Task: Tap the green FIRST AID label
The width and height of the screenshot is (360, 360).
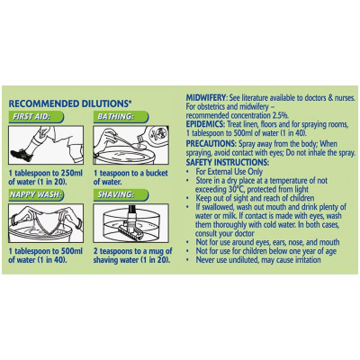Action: click(x=36, y=117)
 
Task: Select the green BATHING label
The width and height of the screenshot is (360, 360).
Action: click(x=121, y=117)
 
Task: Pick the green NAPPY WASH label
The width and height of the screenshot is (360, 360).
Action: click(x=36, y=195)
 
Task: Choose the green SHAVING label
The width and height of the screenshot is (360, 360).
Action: click(x=121, y=195)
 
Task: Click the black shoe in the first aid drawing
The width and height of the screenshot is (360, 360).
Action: click(x=22, y=155)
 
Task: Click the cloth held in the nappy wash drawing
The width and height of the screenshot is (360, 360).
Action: click(x=47, y=222)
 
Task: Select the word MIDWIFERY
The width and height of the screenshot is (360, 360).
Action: click(x=205, y=98)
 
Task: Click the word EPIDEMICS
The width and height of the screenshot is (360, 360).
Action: click(x=204, y=124)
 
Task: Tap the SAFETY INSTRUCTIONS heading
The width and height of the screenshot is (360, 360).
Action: click(x=228, y=162)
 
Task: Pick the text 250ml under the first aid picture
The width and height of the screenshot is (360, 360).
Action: click(x=71, y=173)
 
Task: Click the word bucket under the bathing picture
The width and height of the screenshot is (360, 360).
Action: click(x=157, y=173)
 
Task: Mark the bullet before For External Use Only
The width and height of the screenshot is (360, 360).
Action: click(x=187, y=172)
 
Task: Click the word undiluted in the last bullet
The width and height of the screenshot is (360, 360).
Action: click(x=243, y=260)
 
